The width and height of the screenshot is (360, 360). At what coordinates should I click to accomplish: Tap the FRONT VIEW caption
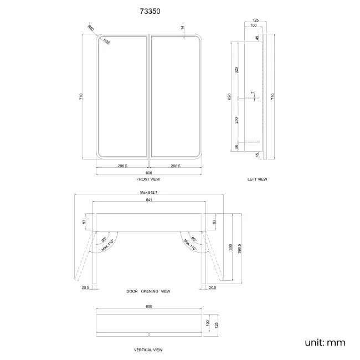pyautogui.click(x=149, y=179)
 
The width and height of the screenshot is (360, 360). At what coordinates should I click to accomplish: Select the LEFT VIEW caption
pyautogui.click(x=258, y=179)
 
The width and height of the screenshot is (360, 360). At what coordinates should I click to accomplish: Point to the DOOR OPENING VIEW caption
pyautogui.click(x=148, y=291)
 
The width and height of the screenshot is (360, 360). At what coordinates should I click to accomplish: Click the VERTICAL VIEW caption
pyautogui.click(x=148, y=350)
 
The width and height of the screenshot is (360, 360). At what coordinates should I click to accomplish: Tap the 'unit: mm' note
pyautogui.click(x=325, y=342)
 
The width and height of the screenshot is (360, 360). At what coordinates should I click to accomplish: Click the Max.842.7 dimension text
pyautogui.click(x=149, y=192)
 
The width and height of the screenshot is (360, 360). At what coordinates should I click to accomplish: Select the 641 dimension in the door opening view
pyautogui.click(x=149, y=200)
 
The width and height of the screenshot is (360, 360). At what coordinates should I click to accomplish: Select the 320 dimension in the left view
pyautogui.click(x=236, y=70)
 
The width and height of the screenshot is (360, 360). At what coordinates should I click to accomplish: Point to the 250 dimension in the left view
pyautogui.click(x=236, y=121)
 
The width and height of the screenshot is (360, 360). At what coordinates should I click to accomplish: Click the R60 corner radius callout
pyautogui.click(x=91, y=28)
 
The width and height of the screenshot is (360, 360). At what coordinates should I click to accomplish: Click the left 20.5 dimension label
pyautogui.click(x=85, y=287)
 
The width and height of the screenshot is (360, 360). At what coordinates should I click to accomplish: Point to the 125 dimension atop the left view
pyautogui.click(x=255, y=21)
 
